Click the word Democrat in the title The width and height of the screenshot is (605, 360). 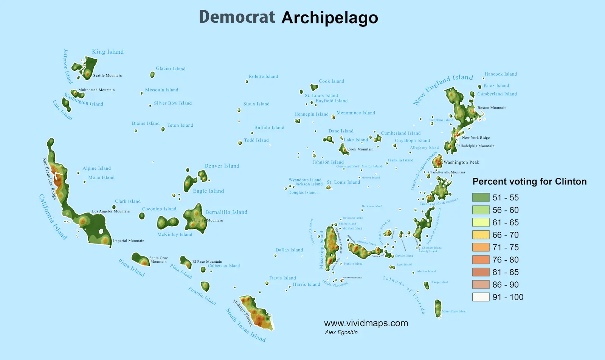[x=237, y=17]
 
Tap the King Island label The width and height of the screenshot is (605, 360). [x=108, y=52]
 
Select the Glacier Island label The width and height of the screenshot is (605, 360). [x=171, y=69]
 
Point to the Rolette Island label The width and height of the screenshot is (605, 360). [x=263, y=76]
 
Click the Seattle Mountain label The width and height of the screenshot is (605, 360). [x=107, y=76]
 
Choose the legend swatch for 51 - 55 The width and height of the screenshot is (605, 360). [x=481, y=197]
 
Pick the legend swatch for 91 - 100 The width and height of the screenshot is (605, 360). [x=481, y=297]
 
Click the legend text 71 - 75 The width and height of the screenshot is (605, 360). [x=506, y=247]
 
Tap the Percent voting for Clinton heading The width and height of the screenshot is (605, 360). [x=529, y=182]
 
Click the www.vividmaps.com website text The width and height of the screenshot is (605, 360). [x=366, y=323]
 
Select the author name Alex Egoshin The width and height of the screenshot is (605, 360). [x=341, y=332]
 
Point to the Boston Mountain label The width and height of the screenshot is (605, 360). [x=492, y=108]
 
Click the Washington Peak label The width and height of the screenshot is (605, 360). [x=461, y=162]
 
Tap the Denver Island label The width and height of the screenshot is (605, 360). [x=222, y=166]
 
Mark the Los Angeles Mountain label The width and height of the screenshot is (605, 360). [x=111, y=211]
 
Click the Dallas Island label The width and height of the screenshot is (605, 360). [x=289, y=250]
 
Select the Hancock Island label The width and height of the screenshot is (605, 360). [x=501, y=74]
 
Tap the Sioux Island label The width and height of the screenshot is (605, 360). [x=256, y=104]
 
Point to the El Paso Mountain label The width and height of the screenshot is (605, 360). [x=207, y=262]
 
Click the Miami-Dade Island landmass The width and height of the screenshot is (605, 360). [x=438, y=308]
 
